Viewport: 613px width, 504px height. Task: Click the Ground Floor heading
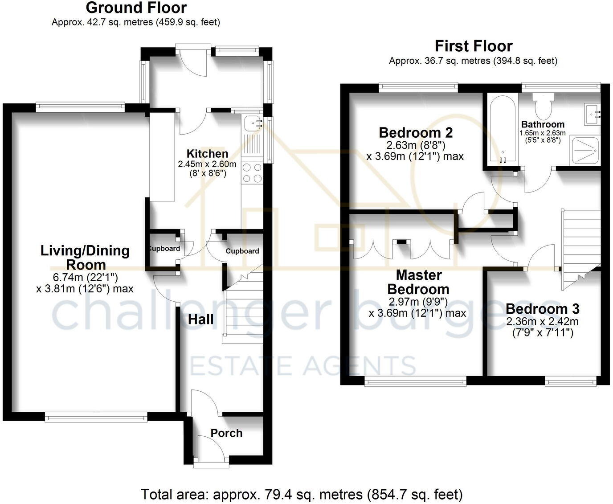(136, 8)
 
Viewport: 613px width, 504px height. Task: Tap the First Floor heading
(473, 46)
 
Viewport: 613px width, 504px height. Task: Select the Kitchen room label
(207, 154)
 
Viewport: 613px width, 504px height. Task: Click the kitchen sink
(252, 122)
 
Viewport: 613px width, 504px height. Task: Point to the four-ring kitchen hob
(252, 173)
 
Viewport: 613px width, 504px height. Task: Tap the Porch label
(226, 433)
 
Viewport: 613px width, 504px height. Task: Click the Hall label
(200, 319)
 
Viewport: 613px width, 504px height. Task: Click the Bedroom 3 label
(542, 309)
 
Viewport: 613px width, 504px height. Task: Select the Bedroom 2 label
(415, 132)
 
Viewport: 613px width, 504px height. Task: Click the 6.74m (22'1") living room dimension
(85, 278)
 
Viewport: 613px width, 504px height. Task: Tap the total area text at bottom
(302, 494)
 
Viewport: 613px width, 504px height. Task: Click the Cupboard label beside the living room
(163, 249)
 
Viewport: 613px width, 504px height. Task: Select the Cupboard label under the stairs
(242, 251)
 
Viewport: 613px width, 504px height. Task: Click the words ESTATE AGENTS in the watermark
(303, 366)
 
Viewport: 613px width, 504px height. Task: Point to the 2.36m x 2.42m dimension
(542, 321)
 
